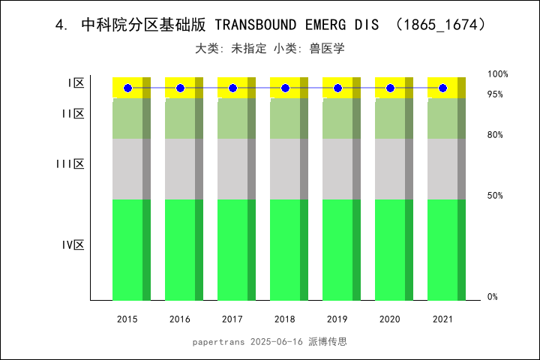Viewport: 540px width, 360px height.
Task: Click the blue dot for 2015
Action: [x=127, y=88]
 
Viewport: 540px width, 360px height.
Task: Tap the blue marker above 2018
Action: [x=285, y=88]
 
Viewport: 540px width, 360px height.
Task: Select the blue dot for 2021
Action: [x=442, y=88]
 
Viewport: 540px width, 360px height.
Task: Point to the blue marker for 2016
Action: [x=180, y=88]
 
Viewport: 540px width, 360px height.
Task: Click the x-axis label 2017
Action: [x=232, y=319]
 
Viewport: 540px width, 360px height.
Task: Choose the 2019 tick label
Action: [x=337, y=319]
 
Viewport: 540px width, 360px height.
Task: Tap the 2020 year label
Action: [x=390, y=319]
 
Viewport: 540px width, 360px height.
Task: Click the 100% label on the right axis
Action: [x=497, y=74]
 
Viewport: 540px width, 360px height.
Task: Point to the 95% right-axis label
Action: [x=495, y=94]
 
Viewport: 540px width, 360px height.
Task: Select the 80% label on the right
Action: [x=495, y=135]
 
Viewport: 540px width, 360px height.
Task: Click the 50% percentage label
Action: [x=495, y=196]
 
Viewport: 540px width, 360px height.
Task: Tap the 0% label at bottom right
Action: [x=493, y=297]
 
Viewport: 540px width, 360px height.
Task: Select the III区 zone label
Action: [x=70, y=163]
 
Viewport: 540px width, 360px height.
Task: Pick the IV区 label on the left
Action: [x=73, y=244]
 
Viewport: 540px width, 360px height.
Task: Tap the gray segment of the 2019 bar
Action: [x=337, y=169]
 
